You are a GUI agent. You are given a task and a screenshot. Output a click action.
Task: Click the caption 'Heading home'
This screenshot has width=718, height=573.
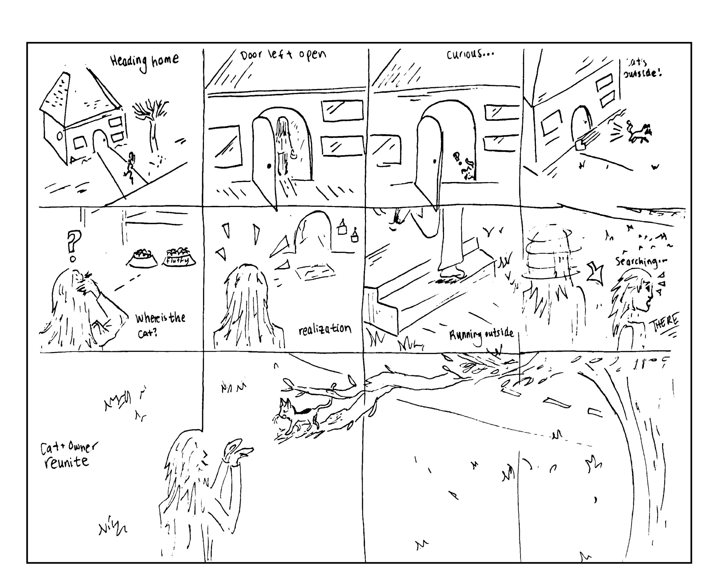point(144,61)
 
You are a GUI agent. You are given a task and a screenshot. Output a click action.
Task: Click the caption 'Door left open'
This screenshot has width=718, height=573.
point(283,55)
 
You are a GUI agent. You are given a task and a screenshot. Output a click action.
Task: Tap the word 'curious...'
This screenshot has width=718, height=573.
point(470,54)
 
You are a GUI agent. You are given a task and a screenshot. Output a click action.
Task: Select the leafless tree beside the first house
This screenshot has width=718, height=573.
point(152,123)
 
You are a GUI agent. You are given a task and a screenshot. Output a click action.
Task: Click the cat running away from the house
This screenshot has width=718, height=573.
point(638,133)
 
